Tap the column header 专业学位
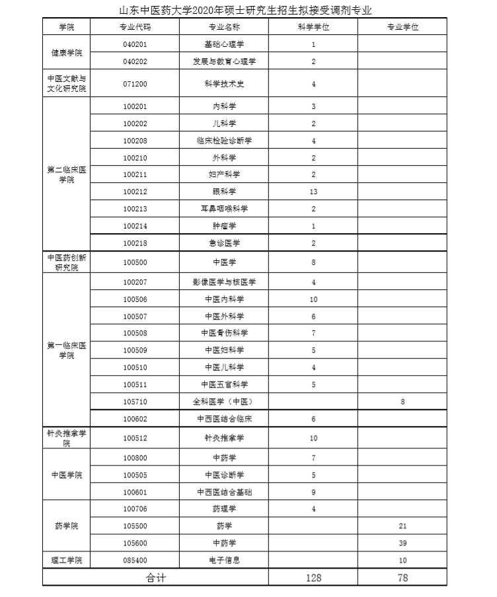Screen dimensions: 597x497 click(402, 27)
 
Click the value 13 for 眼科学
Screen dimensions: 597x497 click(313, 192)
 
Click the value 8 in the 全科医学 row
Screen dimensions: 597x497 click(402, 402)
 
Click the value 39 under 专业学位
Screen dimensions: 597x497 click(402, 543)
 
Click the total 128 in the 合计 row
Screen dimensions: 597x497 click(313, 578)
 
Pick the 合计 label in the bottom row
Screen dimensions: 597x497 click(156, 578)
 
